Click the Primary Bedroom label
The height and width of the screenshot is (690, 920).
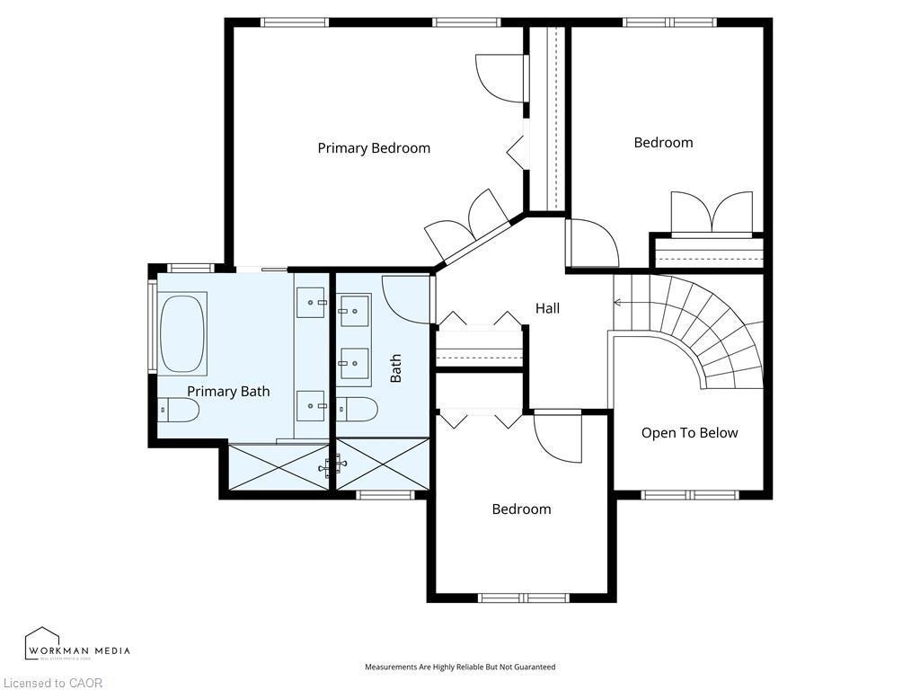point(374,148)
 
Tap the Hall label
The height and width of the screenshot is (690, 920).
point(547,308)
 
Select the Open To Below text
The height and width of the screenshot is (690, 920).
point(689,433)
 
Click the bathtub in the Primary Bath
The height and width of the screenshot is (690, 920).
point(183,332)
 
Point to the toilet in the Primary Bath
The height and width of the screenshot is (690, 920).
point(177,411)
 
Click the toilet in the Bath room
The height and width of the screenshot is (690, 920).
point(358,409)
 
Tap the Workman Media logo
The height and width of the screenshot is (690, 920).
point(77,644)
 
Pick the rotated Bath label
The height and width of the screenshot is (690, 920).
point(396,368)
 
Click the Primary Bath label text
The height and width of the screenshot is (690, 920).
point(228,392)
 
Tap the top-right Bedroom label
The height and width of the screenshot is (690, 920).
point(663,143)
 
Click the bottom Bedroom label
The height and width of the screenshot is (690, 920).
point(521,509)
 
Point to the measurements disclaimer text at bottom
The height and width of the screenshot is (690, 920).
point(459,667)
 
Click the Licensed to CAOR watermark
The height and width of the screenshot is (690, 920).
point(51,683)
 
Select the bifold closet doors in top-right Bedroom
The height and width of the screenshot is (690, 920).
point(712,213)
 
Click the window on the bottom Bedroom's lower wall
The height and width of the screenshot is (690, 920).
point(523,597)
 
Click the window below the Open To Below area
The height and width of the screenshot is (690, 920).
point(690,494)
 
